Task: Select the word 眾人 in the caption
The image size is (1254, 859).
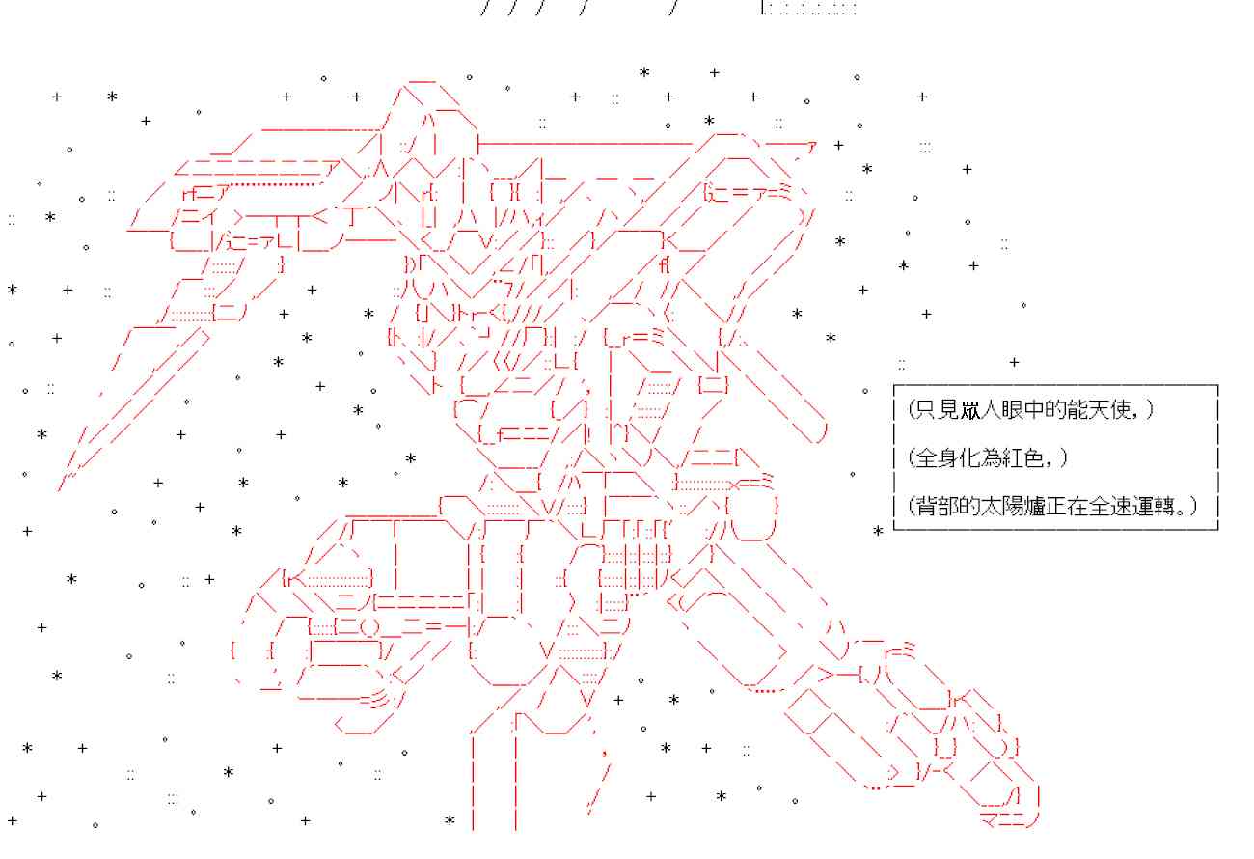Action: coord(976,410)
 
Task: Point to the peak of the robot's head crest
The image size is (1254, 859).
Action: coord(421,81)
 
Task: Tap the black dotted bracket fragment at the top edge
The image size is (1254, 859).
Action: coord(807,9)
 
